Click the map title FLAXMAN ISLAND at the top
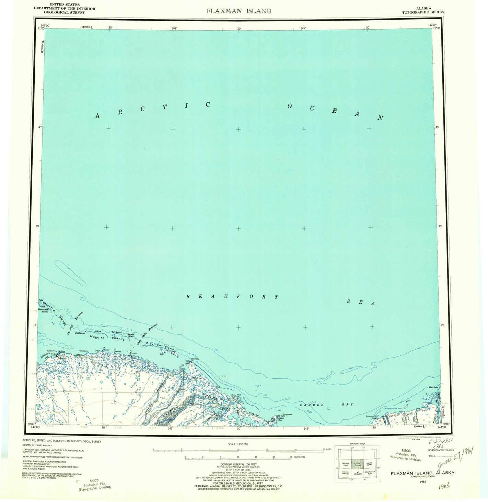point(239,11)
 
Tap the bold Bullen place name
point(62,352)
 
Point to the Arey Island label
point(434,387)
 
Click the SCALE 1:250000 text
point(238,444)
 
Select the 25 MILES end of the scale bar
point(327,449)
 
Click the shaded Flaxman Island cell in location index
point(358,465)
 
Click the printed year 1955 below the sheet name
point(422,481)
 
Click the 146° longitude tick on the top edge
point(174,28)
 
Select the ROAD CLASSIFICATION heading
point(441,450)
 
